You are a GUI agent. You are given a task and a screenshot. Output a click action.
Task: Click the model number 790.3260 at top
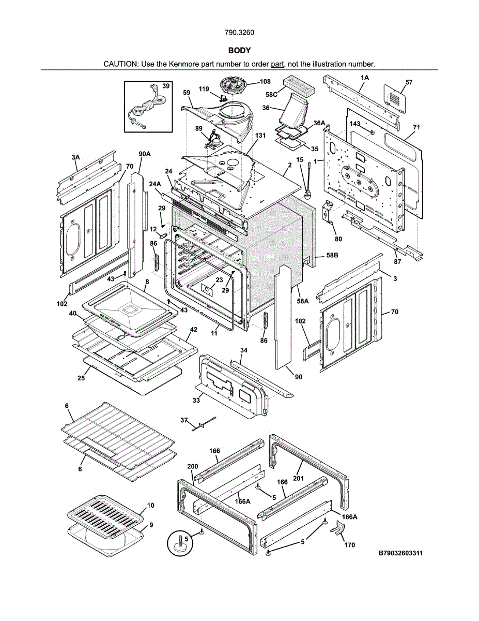click(x=239, y=33)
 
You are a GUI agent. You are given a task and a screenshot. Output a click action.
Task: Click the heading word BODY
click(x=239, y=50)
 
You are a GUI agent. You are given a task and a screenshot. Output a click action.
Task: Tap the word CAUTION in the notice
click(x=120, y=64)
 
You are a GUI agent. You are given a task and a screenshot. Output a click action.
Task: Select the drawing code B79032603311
click(x=400, y=553)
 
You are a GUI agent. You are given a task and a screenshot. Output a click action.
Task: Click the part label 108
click(x=265, y=81)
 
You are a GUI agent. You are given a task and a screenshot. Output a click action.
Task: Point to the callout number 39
click(x=165, y=86)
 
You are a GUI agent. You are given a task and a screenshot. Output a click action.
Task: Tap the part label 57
click(x=409, y=82)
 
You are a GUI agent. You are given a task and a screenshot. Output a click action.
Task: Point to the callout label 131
click(x=260, y=136)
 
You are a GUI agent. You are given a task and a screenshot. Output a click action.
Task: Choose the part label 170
click(x=350, y=545)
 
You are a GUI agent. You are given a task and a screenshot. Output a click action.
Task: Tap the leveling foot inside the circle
click(x=182, y=544)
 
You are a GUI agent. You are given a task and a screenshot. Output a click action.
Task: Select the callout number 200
click(x=192, y=466)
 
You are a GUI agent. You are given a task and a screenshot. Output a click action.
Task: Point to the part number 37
click(x=183, y=420)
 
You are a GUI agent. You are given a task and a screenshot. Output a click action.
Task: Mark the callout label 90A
click(x=144, y=154)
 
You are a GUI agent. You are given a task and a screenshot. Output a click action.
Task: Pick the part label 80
click(x=338, y=239)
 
